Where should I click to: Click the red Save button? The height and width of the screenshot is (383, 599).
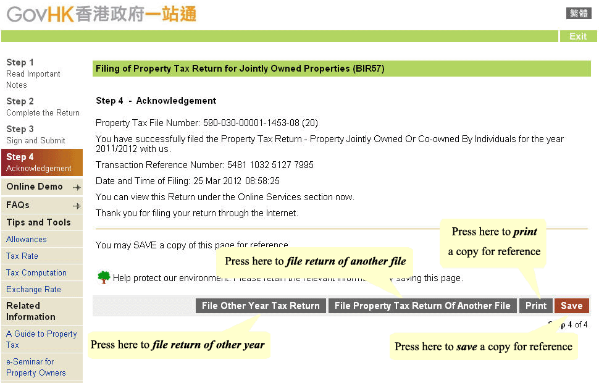(571, 306)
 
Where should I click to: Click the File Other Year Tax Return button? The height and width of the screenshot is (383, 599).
(261, 306)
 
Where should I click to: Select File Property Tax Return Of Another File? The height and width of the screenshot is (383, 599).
(422, 306)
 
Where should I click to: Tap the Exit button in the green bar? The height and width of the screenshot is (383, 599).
(578, 36)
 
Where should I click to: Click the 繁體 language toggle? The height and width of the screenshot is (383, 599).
(579, 14)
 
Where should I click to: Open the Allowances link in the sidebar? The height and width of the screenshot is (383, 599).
(27, 240)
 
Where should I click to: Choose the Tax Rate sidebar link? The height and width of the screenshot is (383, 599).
(22, 256)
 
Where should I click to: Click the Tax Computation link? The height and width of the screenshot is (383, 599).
(36, 273)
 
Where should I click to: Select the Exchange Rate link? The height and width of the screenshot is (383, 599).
(33, 290)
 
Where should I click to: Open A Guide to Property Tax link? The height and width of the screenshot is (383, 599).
(41, 339)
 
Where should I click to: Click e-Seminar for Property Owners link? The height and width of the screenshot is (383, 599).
(36, 367)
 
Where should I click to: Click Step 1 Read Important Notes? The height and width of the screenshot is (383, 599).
(33, 74)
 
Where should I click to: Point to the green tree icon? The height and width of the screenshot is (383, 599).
(104, 277)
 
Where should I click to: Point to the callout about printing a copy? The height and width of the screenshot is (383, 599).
(494, 242)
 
